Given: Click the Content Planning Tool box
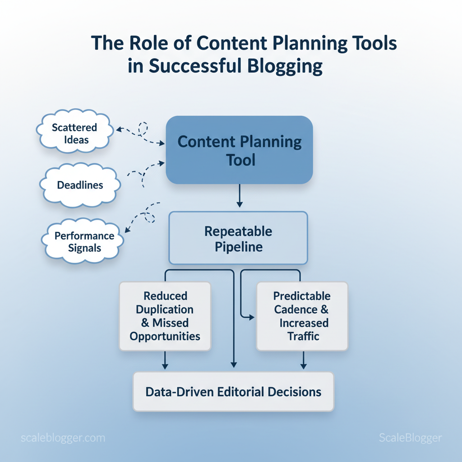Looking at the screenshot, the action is [x=239, y=150].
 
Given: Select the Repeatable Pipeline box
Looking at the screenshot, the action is [x=238, y=238].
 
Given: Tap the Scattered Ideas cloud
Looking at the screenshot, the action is [x=75, y=131].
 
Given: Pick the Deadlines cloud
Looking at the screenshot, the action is [x=80, y=185].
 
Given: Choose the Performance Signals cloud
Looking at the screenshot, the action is [x=83, y=241].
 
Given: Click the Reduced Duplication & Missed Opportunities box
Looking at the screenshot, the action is [x=165, y=316].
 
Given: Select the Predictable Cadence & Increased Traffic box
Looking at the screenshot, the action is [x=302, y=316].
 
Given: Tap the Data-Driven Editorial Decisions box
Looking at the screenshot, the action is [x=233, y=392].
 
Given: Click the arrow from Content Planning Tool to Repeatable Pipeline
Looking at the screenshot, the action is [x=240, y=196].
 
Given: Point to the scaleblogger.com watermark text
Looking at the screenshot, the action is [x=63, y=438].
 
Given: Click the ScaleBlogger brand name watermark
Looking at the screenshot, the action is [x=411, y=438].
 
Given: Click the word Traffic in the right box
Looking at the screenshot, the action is [x=303, y=336].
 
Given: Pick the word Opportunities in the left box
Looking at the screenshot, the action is [x=165, y=337].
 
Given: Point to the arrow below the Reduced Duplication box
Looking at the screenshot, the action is [x=165, y=360].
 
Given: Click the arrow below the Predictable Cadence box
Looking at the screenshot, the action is [x=304, y=360].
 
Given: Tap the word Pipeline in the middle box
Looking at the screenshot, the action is [x=239, y=247].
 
